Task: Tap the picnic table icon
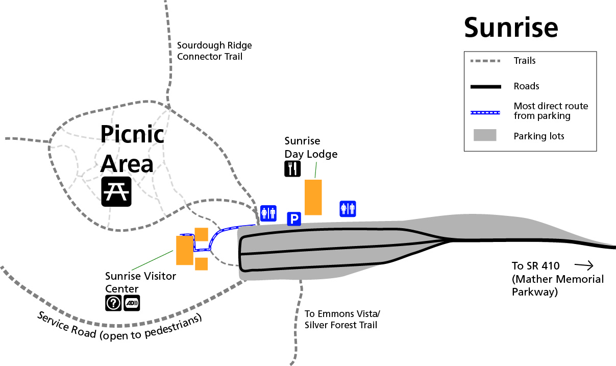click(x=116, y=191)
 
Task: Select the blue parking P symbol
click(x=294, y=219)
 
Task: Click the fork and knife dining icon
click(x=292, y=169)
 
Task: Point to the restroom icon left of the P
click(x=268, y=213)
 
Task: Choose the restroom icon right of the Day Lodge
click(x=348, y=209)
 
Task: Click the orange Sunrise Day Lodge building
click(x=313, y=197)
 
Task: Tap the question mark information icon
click(x=113, y=303)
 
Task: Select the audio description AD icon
click(x=132, y=303)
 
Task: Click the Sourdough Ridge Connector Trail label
click(x=214, y=51)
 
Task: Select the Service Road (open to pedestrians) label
click(x=120, y=325)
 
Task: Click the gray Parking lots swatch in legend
click(x=485, y=136)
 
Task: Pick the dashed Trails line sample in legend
click(x=485, y=61)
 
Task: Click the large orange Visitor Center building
click(x=184, y=250)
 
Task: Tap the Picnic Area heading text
click(x=132, y=149)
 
